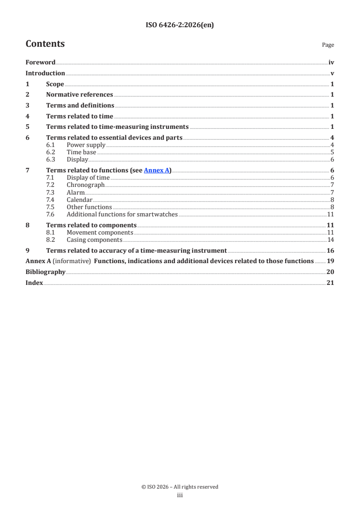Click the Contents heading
45,44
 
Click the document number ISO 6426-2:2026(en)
180,25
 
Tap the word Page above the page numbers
328,45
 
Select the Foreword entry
40,63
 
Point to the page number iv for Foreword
331,63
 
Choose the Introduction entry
45,73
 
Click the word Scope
55,84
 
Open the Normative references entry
79,95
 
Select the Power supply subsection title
86,145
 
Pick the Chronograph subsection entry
85,185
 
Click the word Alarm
75,192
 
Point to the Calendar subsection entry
79,200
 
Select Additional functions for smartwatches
122,214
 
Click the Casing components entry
94,240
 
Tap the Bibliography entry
45,272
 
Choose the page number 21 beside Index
330,283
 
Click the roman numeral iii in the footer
180,495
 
